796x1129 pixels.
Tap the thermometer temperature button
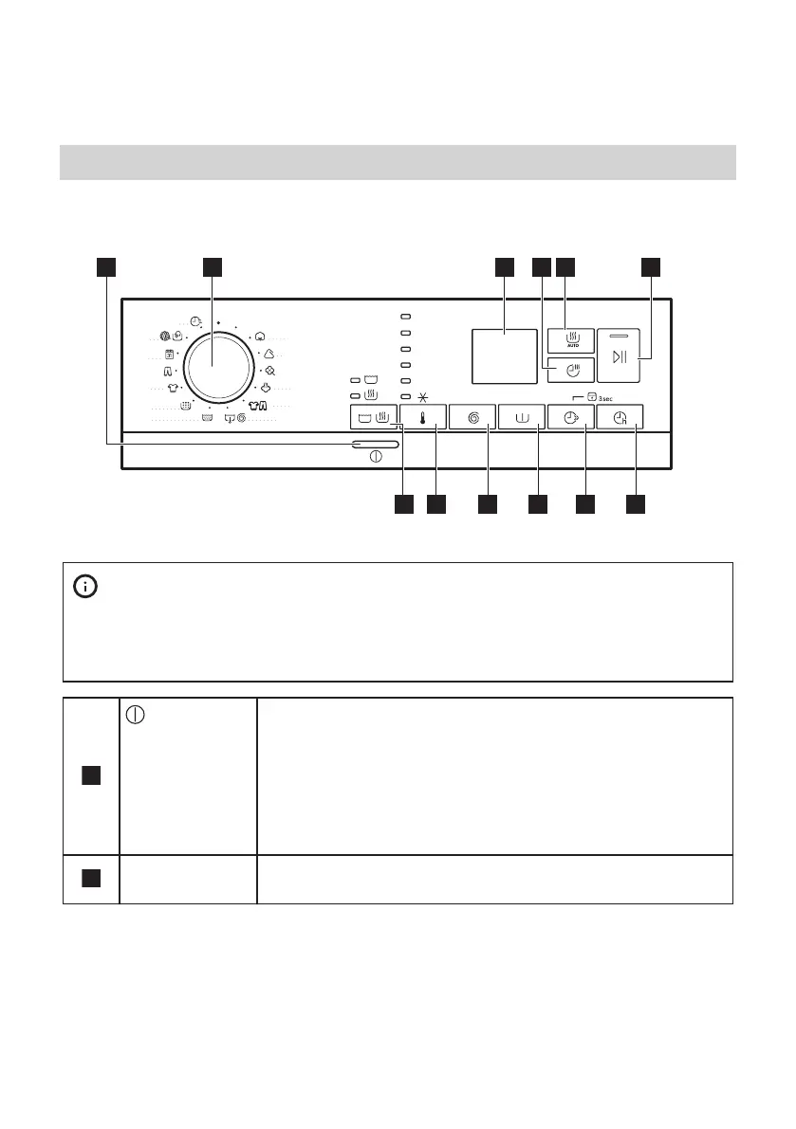tap(423, 417)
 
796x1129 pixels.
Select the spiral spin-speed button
tap(473, 417)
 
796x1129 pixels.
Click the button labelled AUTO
tap(571, 339)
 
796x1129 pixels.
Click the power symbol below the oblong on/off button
tap(376, 457)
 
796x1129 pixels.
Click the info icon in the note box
tap(85, 588)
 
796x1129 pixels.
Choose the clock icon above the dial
tap(195, 322)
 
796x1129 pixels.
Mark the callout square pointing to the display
tap(503, 267)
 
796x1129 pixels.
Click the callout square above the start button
tap(650, 267)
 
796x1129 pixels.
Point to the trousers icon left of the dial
tap(167, 371)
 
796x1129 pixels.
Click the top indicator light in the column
tap(404, 316)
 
